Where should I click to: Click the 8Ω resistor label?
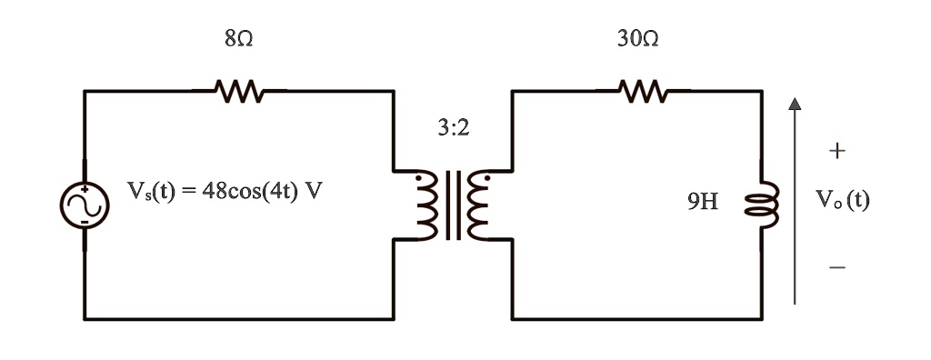coord(237,40)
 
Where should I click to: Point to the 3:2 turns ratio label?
coord(453,128)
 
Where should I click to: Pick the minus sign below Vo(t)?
coord(837,267)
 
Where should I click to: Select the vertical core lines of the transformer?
coord(453,205)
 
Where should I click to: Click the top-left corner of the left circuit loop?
coord(85,91)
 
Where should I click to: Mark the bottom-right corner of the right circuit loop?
coord(762,319)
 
